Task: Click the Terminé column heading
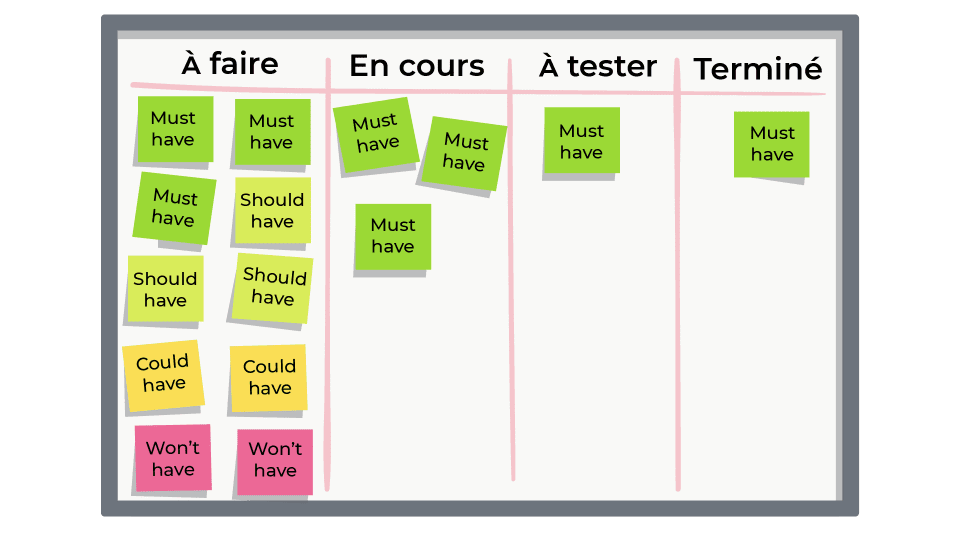coord(757,69)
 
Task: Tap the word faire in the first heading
coord(243,64)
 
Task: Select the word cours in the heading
coord(438,66)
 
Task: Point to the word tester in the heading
coord(611,66)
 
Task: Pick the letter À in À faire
coord(191,64)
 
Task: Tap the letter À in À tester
coord(548,66)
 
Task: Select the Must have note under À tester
coord(581,141)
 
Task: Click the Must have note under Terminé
coord(771,144)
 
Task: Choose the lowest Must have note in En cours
coord(392,236)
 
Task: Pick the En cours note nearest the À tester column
coord(464,152)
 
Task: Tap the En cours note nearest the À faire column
coord(375,134)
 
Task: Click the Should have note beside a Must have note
coord(272,210)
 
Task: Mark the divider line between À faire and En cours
coord(327,300)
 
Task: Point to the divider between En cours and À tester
coord(512,300)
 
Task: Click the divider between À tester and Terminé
coord(678,300)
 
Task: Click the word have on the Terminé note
coord(771,155)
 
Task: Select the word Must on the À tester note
coord(581,131)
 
